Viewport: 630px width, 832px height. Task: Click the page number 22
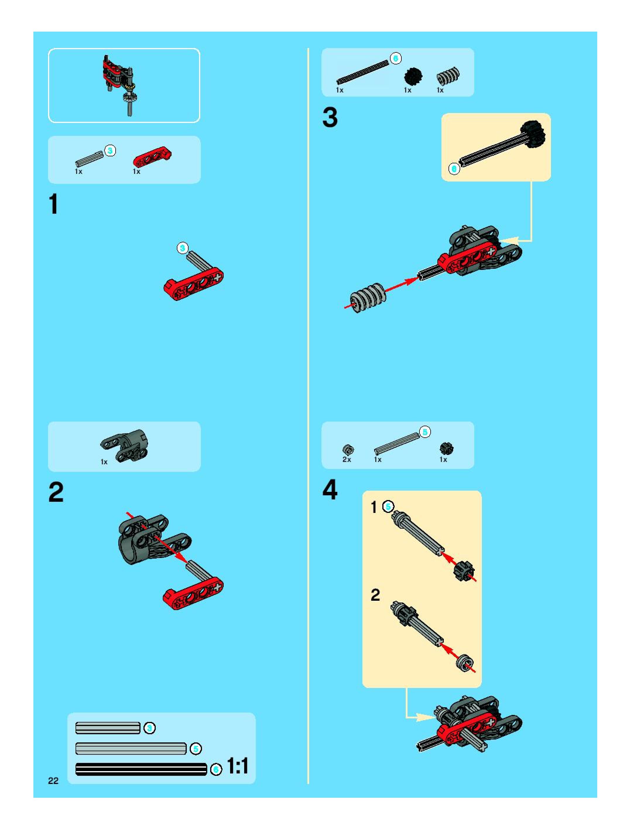53,780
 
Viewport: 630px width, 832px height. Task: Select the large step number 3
330,117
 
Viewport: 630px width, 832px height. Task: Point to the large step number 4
330,490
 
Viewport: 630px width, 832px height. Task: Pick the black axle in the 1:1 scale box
141,769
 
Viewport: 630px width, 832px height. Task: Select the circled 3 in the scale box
150,728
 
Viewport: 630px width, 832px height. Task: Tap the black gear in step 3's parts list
413,76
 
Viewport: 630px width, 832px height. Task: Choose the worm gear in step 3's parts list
448,76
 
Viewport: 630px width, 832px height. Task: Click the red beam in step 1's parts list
152,156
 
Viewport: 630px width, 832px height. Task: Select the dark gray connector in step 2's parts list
124,445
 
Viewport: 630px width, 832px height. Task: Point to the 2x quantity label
346,459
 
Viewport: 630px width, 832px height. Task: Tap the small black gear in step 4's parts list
446,448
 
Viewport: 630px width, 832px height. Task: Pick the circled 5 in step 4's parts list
425,432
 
